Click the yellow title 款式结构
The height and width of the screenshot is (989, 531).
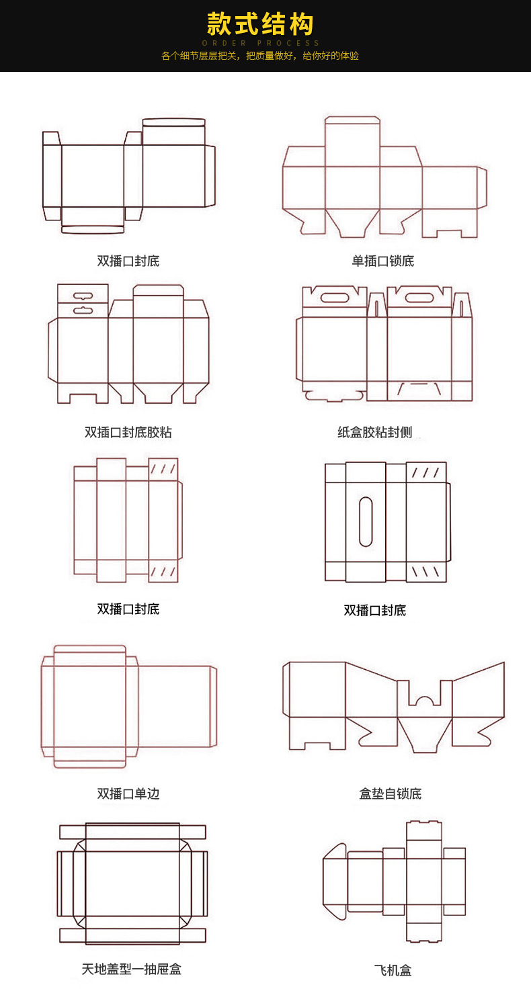coord(260,24)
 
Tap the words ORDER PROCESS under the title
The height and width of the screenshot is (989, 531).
coord(260,43)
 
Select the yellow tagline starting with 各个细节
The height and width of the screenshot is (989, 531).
coord(260,56)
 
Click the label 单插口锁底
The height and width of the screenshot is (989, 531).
coord(383,261)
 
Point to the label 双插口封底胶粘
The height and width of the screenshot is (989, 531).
coord(128,432)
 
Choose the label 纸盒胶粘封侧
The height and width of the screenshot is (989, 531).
coord(374,432)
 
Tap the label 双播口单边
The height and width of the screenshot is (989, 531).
coord(128,793)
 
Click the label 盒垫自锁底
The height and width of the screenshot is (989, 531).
coord(390,793)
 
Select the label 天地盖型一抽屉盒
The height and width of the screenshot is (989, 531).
coord(132,969)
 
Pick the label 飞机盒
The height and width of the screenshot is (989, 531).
coord(393,970)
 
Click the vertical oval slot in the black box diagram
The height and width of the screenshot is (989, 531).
coord(366,521)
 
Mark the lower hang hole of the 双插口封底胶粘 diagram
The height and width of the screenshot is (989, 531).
coord(83,310)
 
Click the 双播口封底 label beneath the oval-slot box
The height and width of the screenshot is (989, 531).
coord(375,611)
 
